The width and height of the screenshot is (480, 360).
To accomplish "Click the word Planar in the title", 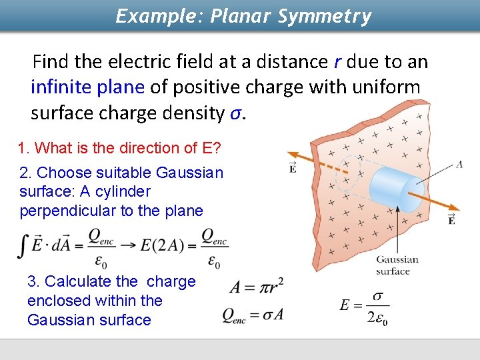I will coord(237,16).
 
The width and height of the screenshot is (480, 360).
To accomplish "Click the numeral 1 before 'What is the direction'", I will coord(22,148).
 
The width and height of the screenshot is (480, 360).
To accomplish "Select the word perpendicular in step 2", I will coord(65,211).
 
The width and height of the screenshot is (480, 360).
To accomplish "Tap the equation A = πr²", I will coord(255,287).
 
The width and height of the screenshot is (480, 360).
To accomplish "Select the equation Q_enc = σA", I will coord(253,315).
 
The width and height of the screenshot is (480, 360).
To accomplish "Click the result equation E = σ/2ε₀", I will coord(364,307).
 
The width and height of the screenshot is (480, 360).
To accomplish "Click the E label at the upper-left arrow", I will coord(293,166).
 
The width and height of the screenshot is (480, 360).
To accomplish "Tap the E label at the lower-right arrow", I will coord(451,219).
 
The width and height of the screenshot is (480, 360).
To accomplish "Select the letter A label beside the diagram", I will coord(459,164).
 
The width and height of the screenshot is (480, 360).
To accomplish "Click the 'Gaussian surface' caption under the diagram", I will coord(397,265).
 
